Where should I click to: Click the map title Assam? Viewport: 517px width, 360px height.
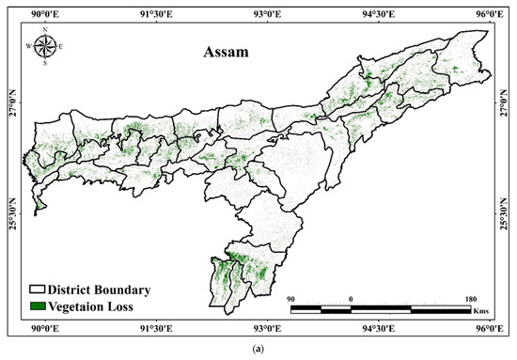pos(227,54)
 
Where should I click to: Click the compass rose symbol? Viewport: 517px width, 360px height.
pos(44,45)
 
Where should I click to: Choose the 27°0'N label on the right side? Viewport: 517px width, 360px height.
pos(504,103)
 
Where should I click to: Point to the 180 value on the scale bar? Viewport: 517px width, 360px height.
pos(470,299)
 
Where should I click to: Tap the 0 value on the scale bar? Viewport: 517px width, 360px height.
pos(352,299)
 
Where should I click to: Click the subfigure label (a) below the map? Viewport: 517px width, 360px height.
pos(258,350)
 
